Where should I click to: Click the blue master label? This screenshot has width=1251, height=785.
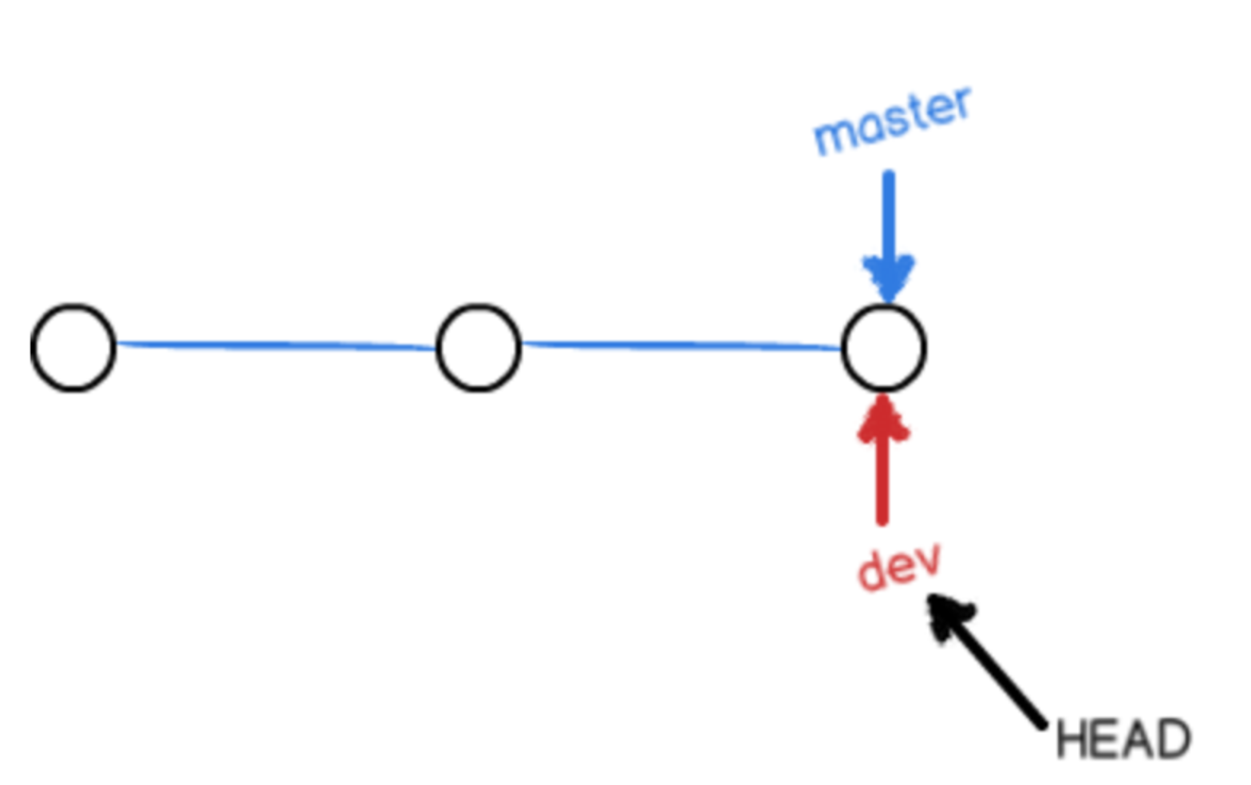[x=892, y=122]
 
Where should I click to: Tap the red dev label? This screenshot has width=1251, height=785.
[x=899, y=567]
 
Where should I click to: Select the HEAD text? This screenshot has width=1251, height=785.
[x=1123, y=739]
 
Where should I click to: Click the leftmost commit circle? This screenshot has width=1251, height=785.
[x=73, y=347]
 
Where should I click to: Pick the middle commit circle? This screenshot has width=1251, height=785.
[x=479, y=347]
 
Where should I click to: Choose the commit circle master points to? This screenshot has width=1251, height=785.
[x=884, y=347]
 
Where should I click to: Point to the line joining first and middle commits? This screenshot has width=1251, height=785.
[x=275, y=345]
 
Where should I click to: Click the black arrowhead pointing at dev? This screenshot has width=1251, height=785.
[x=947, y=614]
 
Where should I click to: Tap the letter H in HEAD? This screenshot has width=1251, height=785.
[x=1072, y=739]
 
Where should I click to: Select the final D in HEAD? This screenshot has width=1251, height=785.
[x=1173, y=740]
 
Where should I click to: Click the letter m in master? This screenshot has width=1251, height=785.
[x=834, y=138]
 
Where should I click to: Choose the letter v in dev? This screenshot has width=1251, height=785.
[x=927, y=562]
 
